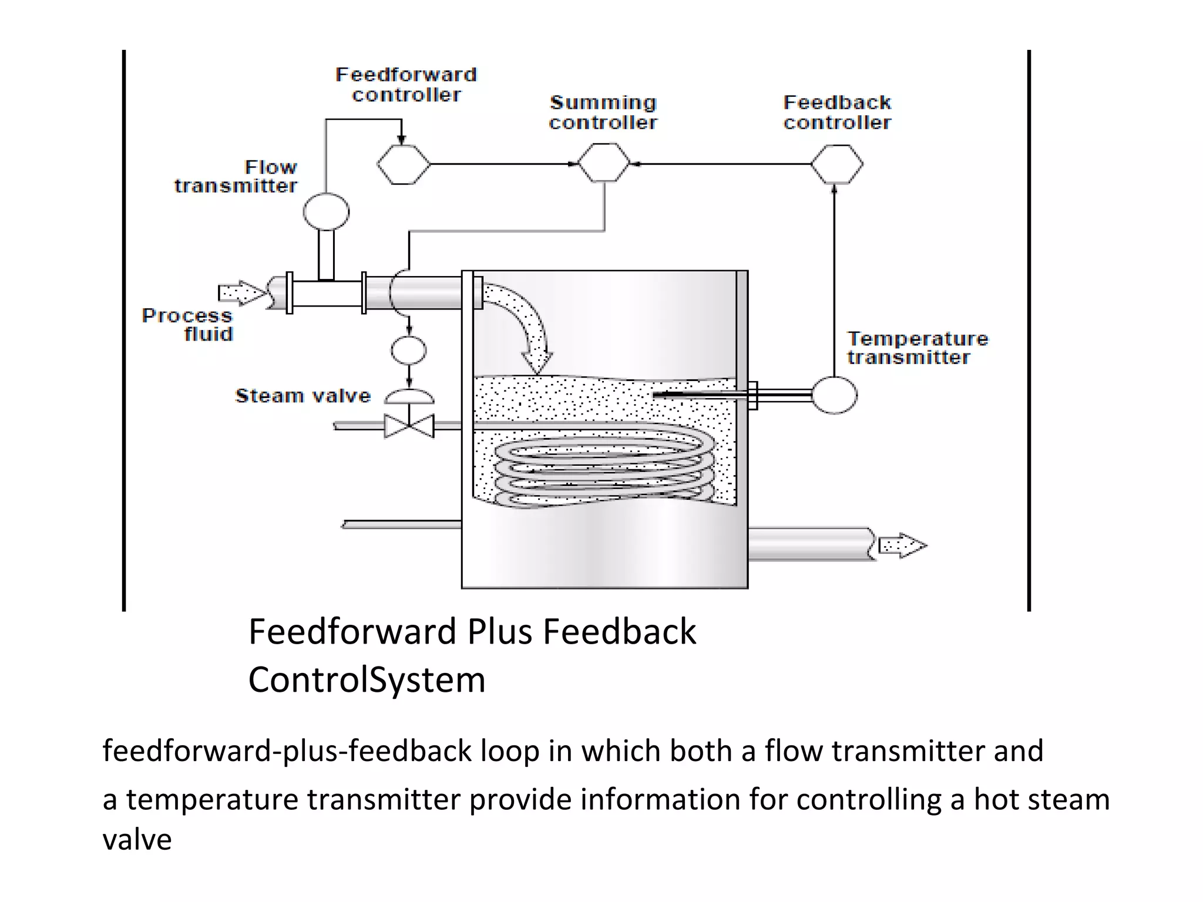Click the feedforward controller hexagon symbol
[403, 164]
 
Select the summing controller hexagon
[603, 163]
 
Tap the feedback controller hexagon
[836, 164]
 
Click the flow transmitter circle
[326, 211]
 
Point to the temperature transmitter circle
[834, 395]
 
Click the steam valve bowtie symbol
[409, 426]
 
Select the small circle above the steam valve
[409, 351]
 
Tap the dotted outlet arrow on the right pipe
[902, 546]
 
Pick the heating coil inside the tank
[605, 470]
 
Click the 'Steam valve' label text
[303, 396]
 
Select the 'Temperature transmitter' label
[916, 348]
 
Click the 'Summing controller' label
[603, 112]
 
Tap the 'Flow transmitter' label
[237, 176]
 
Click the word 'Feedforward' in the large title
[352, 632]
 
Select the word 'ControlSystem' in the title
[367, 680]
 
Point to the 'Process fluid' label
[188, 325]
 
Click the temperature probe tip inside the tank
[658, 395]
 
